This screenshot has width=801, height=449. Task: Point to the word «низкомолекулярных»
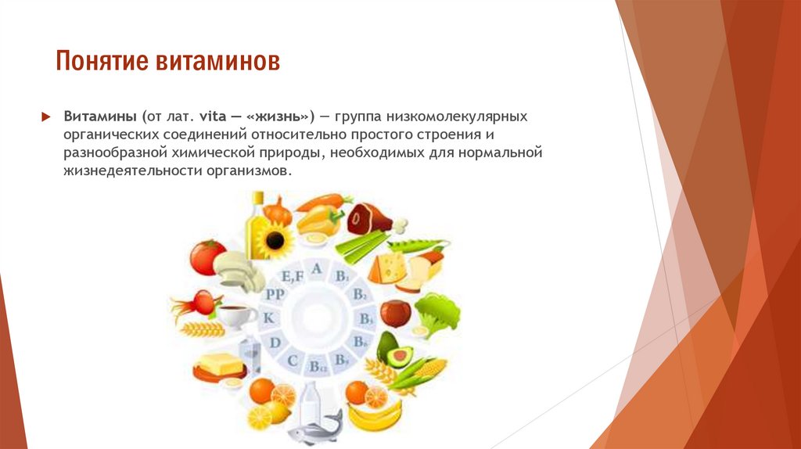click(449, 117)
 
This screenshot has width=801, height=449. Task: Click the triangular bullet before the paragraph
click(45, 117)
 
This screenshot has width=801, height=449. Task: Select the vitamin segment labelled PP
click(275, 294)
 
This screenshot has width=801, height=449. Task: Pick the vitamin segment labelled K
click(268, 318)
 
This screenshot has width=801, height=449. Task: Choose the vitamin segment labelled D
click(275, 343)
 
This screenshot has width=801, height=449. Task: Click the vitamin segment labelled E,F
click(292, 276)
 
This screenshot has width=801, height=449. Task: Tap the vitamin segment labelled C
click(293, 361)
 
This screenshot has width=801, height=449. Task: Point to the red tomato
click(207, 257)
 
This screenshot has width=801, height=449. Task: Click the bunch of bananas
click(374, 414)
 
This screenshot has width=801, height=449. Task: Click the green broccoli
click(436, 313)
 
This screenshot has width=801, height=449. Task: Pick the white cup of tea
click(236, 316)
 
